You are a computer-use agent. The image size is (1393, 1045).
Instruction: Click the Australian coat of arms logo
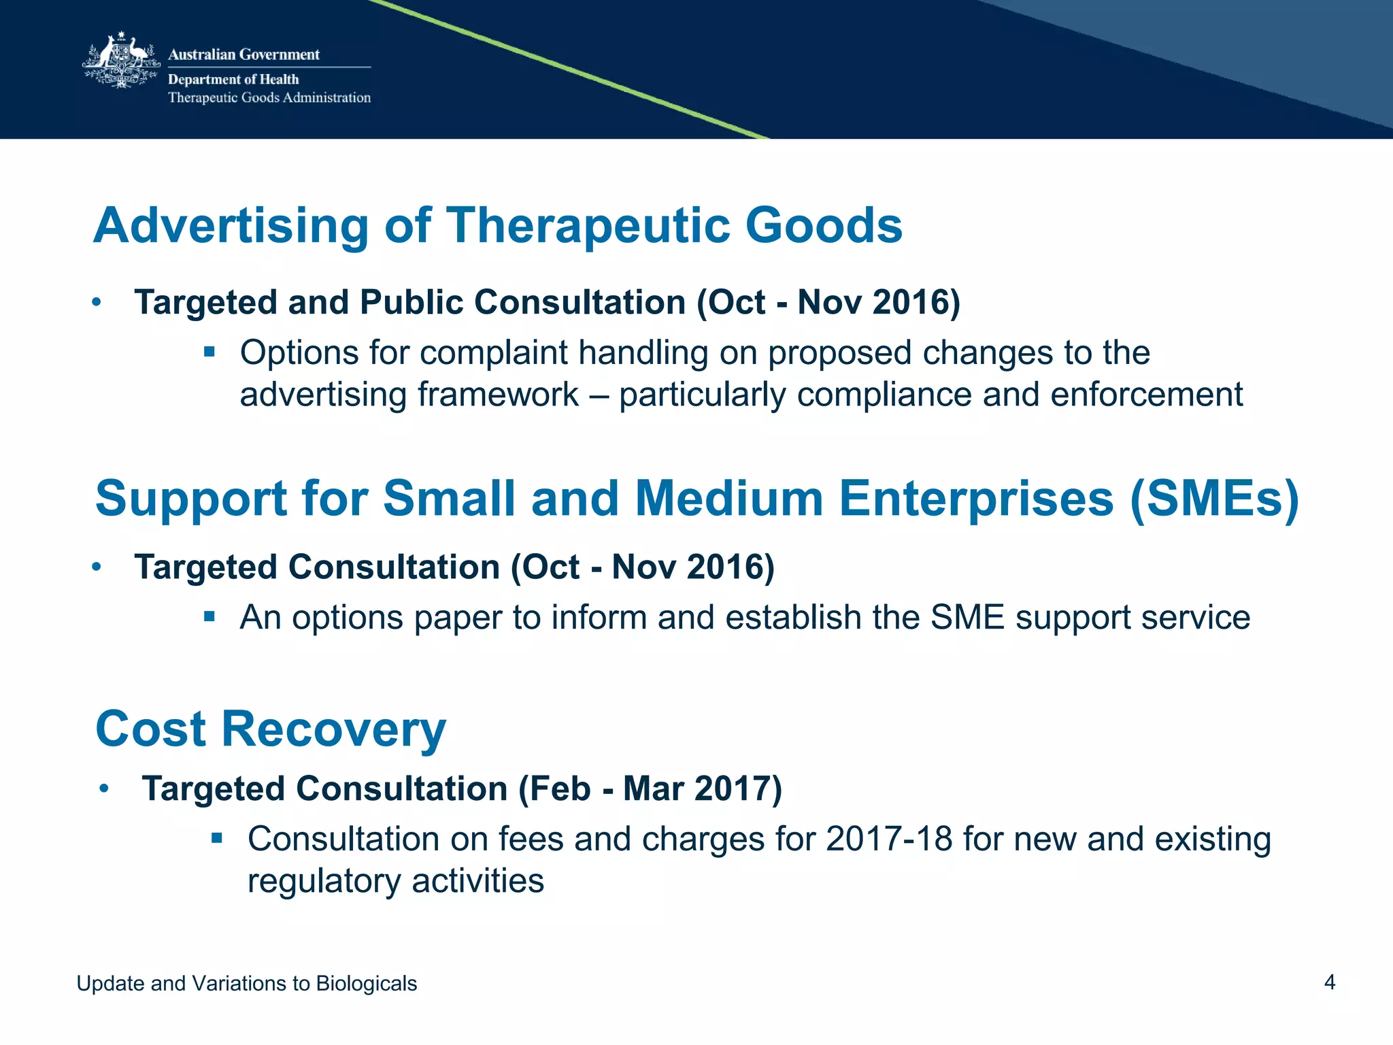point(121,61)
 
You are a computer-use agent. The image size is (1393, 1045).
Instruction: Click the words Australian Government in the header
point(244,54)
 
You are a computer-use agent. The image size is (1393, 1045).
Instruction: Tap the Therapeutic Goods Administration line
point(269,98)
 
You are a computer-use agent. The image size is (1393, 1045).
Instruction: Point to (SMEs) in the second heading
point(1214,499)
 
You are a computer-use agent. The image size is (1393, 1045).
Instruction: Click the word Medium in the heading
point(728,499)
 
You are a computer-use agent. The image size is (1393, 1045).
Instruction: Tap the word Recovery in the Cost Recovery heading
point(333,729)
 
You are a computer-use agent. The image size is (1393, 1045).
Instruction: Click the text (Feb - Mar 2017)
point(650,789)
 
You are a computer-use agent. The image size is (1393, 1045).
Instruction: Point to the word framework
point(498,395)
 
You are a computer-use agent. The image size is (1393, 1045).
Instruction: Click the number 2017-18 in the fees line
point(889,839)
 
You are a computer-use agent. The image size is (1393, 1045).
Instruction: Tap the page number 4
point(1329,982)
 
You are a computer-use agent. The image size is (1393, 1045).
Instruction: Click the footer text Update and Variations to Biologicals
point(246,983)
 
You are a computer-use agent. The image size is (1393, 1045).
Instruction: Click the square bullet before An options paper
point(209,617)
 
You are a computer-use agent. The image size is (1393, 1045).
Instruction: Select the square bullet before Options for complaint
point(209,352)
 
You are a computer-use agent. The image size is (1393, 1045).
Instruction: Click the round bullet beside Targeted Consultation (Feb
point(104,789)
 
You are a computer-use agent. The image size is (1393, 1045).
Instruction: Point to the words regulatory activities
point(395,881)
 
